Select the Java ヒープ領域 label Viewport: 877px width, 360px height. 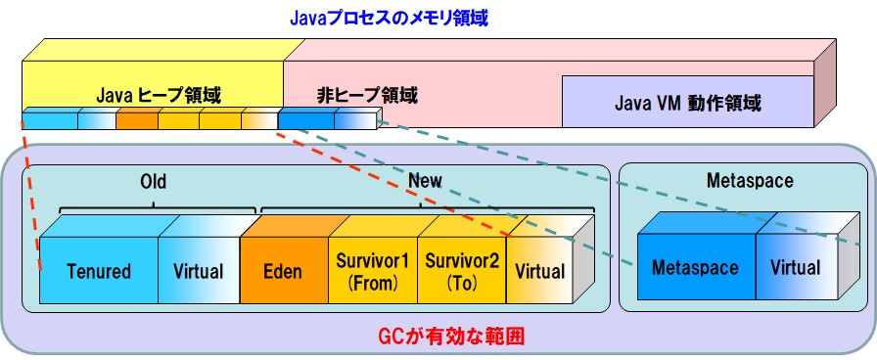pos(158,96)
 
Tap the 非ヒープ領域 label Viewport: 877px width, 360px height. pos(367,96)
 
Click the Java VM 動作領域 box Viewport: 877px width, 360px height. pos(687,102)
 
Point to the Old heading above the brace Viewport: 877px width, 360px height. pos(153,181)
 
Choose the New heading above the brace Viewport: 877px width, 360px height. pos(425,181)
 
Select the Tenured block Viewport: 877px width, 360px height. pos(98,271)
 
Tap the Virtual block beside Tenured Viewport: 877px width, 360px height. pos(198,271)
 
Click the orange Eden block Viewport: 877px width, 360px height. pos(283,271)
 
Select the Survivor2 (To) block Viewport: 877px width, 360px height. pos(460,271)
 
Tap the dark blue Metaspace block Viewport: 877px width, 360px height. pos(695,267)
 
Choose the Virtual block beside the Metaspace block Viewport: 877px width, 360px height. pos(795,267)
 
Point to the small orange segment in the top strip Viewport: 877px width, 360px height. pos(136,121)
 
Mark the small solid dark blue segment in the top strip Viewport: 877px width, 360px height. pos(305,121)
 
